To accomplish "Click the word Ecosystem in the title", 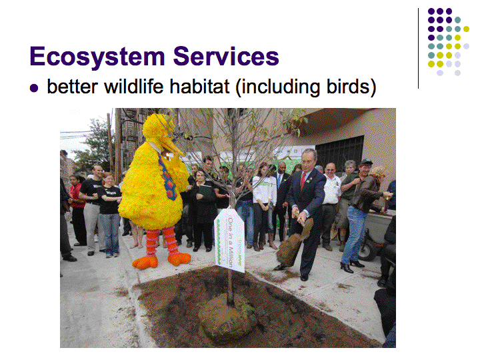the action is [97, 57].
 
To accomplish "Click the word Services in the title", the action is [226, 56].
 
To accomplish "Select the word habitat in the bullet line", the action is [199, 87].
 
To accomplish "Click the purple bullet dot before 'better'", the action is [34, 88].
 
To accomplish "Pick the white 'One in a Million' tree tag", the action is [229, 239].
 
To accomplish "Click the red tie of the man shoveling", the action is [303, 181].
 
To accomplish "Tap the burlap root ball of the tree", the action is [227, 319].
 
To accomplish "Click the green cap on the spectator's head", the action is [367, 161].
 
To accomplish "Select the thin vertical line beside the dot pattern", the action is [418, 49].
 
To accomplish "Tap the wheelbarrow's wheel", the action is [367, 251].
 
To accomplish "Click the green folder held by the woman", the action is [205, 191].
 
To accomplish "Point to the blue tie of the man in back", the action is [279, 181].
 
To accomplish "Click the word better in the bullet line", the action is [73, 87].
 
